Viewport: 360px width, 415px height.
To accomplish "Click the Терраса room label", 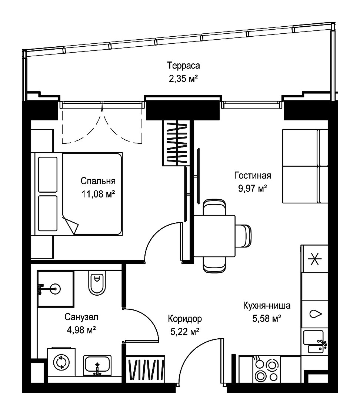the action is point(183,65).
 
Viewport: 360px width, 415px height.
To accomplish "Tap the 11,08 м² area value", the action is point(98,194).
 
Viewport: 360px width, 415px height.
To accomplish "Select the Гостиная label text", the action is point(253,176).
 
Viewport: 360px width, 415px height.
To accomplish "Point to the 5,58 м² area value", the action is point(267,318).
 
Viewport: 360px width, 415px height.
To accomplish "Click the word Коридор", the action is point(184,319).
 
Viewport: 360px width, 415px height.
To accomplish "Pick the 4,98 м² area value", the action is point(81,330).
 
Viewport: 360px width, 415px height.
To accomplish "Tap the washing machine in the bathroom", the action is point(61,362).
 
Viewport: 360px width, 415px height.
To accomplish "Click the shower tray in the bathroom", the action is point(55,289).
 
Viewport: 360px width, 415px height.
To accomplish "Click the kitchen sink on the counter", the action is point(315,341).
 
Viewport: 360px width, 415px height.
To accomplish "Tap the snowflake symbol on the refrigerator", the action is point(315,259).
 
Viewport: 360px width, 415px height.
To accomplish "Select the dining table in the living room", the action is point(214,236).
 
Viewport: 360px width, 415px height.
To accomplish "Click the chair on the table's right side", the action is point(243,236).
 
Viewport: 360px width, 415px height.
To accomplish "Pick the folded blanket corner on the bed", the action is point(71,224).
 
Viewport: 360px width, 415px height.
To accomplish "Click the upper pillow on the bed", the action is point(48,175).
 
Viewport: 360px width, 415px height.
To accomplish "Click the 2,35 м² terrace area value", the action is point(183,79).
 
